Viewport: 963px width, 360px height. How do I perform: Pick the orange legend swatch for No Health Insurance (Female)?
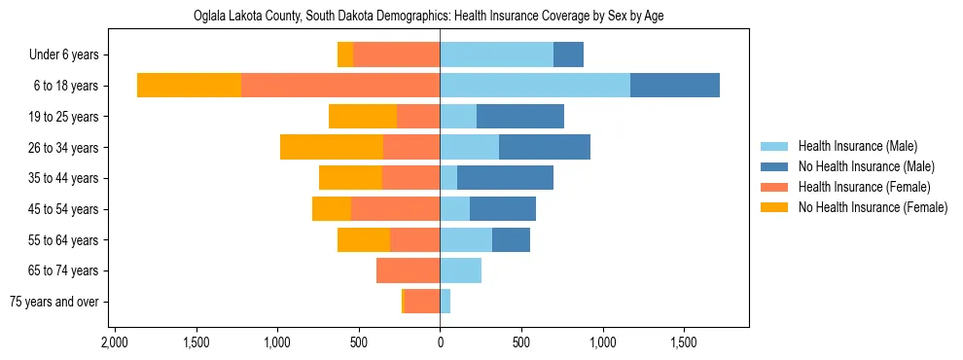(775, 207)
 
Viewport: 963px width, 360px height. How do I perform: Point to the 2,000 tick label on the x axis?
(115, 342)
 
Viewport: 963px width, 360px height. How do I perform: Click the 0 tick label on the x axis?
(440, 342)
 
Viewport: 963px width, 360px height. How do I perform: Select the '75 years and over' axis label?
(54, 302)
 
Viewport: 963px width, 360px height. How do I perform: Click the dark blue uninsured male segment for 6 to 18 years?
(674, 86)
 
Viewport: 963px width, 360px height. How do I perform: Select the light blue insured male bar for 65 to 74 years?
(460, 270)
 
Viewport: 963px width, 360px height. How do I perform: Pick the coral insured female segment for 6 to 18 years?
(339, 86)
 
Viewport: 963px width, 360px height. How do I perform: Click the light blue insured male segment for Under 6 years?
(496, 55)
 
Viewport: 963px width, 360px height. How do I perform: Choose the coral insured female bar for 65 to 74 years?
(408, 270)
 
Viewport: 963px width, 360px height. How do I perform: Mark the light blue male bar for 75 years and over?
(446, 302)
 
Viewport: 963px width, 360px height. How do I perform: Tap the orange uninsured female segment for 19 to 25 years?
(363, 117)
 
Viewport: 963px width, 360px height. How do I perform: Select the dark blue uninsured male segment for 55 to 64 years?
(511, 239)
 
